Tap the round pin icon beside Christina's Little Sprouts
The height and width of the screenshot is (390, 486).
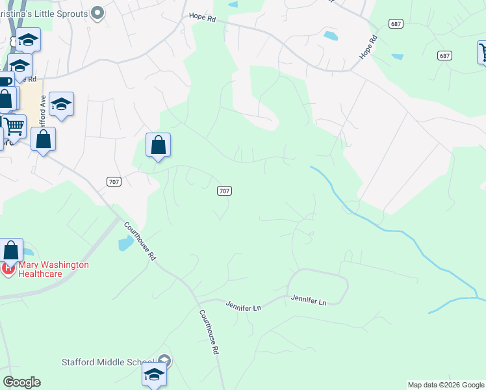pyautogui.click(x=97, y=12)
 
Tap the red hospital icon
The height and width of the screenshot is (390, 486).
pyautogui.click(x=8, y=268)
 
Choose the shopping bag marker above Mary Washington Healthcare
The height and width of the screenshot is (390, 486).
pyautogui.click(x=11, y=250)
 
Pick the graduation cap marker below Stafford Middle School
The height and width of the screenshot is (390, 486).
pyautogui.click(x=154, y=374)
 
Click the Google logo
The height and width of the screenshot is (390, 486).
pyautogui.click(x=21, y=382)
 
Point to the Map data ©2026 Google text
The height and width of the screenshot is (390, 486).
pyautogui.click(x=446, y=385)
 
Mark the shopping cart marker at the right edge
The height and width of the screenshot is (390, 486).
pyautogui.click(x=483, y=52)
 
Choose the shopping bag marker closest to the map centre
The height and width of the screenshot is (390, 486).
pyautogui.click(x=158, y=145)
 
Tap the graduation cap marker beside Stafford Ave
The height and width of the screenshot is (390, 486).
pyautogui.click(x=61, y=104)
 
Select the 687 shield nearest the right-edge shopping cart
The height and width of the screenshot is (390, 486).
pyautogui.click(x=444, y=55)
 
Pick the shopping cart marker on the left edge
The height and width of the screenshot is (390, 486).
pyautogui.click(x=14, y=126)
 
